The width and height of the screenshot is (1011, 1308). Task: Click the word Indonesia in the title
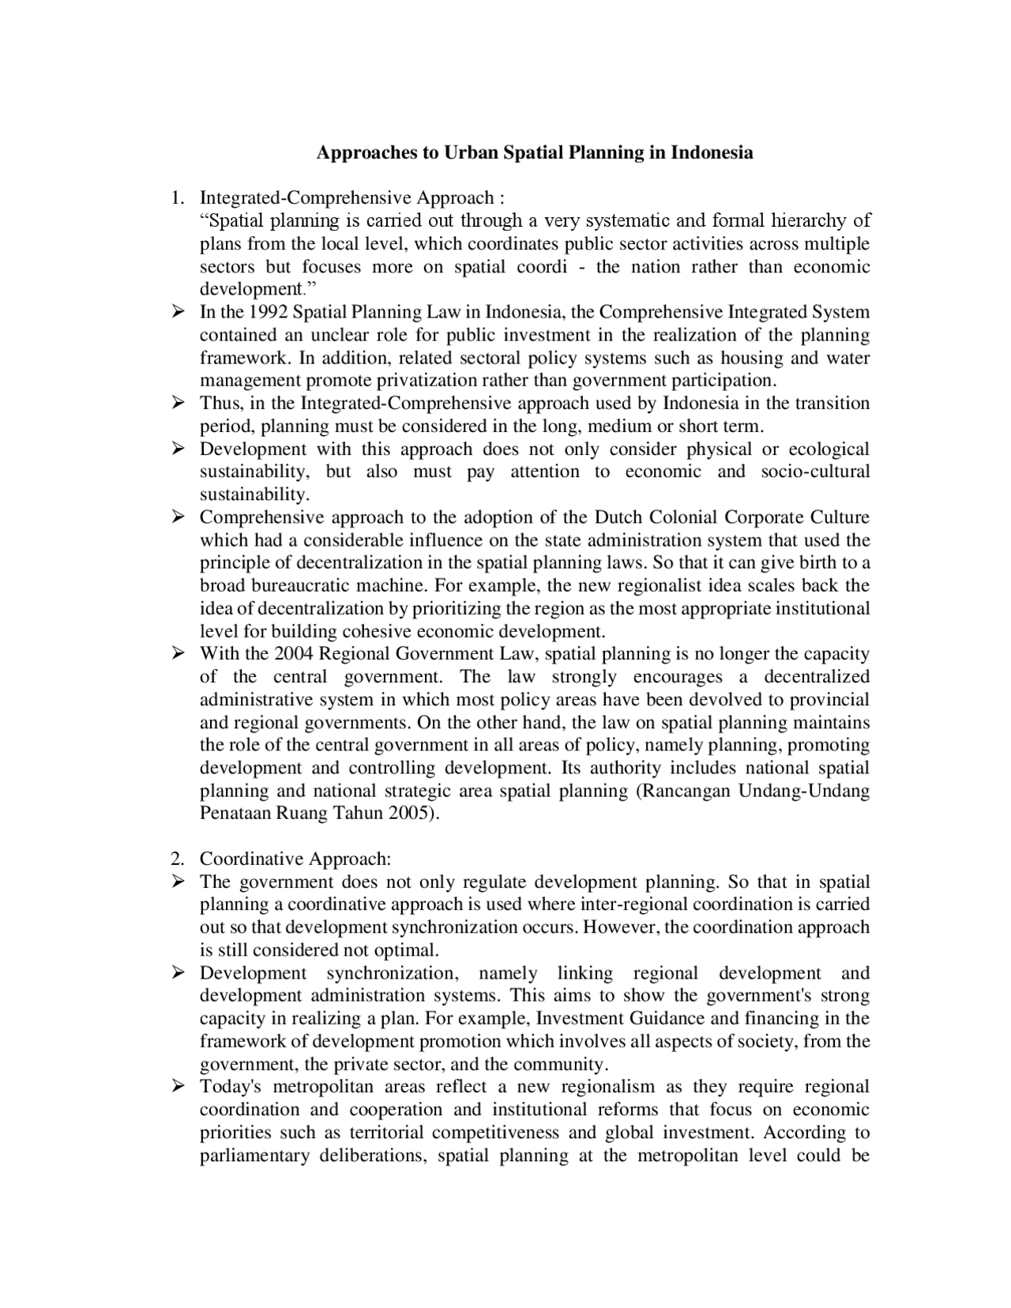[x=711, y=152]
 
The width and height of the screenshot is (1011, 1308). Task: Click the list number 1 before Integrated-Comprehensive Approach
[x=177, y=197]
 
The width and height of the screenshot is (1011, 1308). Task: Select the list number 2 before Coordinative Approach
[x=177, y=859]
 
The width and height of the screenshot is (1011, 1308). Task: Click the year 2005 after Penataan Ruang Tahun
[x=409, y=814]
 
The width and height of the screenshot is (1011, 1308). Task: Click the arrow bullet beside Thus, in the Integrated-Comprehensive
[x=178, y=404]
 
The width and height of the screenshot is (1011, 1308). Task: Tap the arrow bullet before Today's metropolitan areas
[x=178, y=1087]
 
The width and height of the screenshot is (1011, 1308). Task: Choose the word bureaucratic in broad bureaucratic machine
[x=301, y=586]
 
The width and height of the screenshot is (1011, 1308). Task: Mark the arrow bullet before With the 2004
[x=178, y=654]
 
